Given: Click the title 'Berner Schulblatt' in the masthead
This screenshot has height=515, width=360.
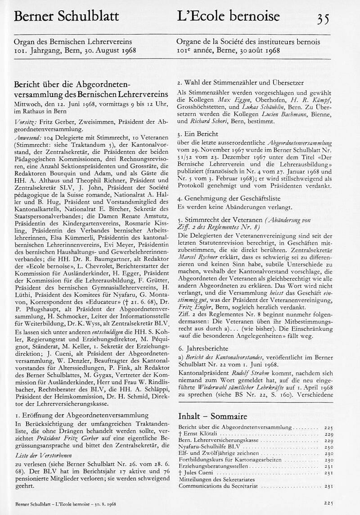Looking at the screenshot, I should [67, 17].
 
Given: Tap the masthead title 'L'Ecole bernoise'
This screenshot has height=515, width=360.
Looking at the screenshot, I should [228, 17].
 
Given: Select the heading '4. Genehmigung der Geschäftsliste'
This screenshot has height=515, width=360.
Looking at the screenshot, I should [229, 198].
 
